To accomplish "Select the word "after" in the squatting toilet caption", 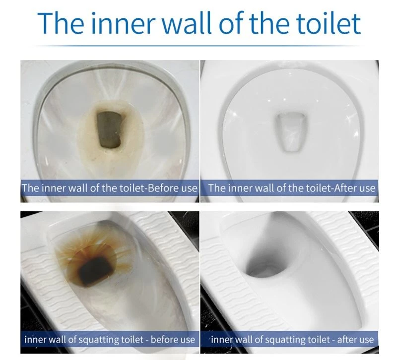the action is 345,339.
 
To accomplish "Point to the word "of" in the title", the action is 230,23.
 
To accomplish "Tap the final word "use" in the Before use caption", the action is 189,189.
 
